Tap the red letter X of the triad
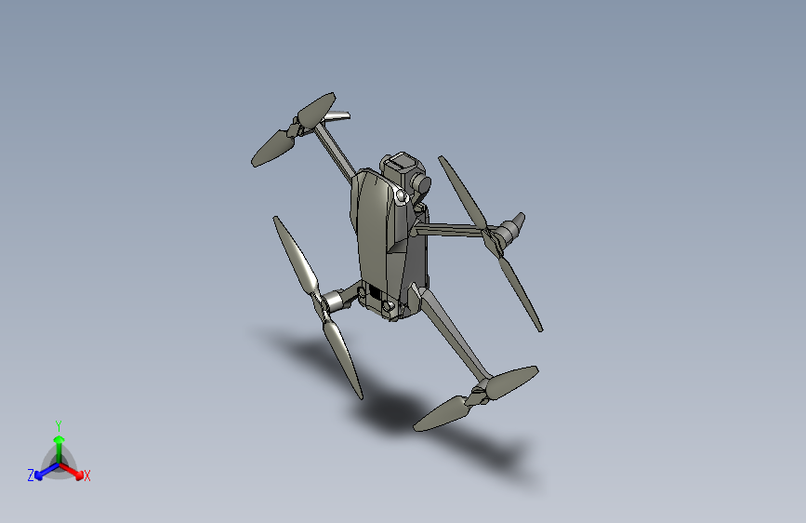pos(87,476)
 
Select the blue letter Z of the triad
pos(31,476)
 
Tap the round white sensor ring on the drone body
pos(402,197)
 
